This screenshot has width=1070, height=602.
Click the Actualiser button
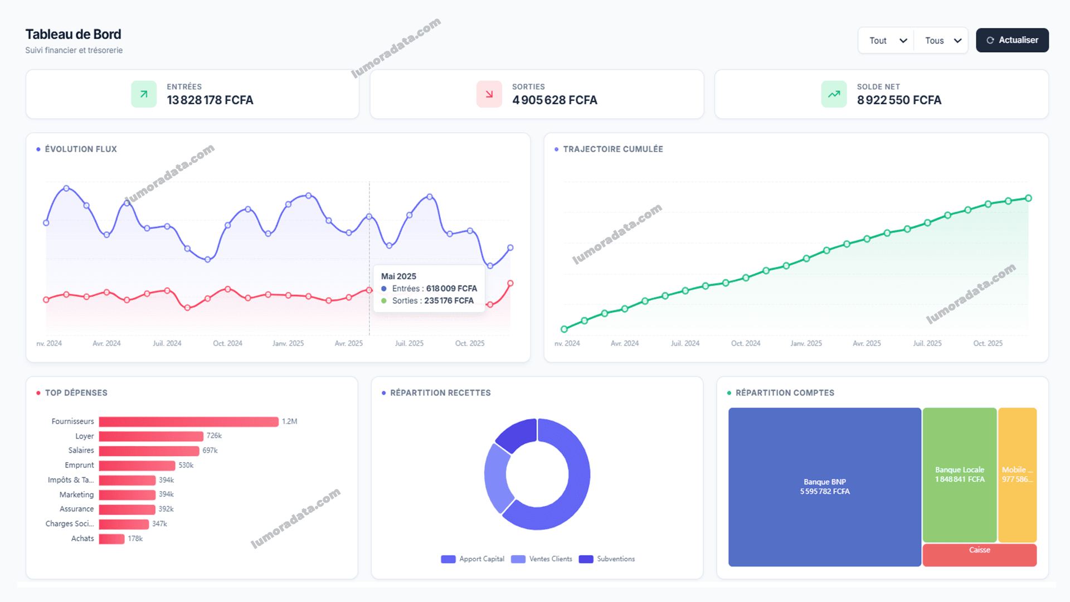click(1012, 40)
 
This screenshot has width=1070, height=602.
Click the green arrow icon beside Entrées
click(144, 94)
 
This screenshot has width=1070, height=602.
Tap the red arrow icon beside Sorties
click(489, 94)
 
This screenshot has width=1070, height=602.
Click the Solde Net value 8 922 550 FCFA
click(898, 100)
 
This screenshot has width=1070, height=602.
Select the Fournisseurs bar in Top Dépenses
click(188, 422)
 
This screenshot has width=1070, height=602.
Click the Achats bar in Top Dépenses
click(111, 539)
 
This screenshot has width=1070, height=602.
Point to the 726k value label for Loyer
click(214, 436)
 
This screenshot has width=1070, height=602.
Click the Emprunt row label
click(79, 465)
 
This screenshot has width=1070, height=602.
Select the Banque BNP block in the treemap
click(824, 487)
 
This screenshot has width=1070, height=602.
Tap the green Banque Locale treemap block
click(959, 474)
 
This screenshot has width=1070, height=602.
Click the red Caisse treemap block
click(979, 555)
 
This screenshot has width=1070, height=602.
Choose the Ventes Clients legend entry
click(542, 559)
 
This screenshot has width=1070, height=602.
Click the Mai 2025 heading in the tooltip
click(398, 276)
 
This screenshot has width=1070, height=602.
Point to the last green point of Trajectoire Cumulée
click(1028, 198)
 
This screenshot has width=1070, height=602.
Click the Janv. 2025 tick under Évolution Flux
click(288, 343)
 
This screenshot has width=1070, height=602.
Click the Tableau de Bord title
click(73, 35)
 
